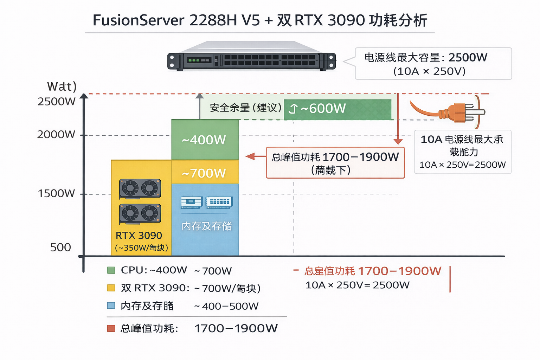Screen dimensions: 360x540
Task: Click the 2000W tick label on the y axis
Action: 56,134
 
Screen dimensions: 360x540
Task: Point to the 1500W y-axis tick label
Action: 56,193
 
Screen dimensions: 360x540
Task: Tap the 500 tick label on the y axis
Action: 60,247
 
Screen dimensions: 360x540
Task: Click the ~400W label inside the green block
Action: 204,140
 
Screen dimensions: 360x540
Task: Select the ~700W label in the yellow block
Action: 204,173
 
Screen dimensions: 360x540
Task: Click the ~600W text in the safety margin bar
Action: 323,108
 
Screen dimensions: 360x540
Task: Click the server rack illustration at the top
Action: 251,58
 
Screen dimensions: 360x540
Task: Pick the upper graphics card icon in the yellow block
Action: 140,189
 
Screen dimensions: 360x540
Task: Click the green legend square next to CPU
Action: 111,270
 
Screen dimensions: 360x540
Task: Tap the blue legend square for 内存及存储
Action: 111,306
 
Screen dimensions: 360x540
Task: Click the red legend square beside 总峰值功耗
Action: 111,328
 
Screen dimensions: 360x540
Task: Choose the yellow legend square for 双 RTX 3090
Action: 111,288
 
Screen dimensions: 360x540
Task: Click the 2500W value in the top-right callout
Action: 468,57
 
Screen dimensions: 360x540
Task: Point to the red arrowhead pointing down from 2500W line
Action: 398,141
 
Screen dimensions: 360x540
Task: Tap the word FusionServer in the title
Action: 138,20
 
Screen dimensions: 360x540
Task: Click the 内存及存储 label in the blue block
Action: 207,226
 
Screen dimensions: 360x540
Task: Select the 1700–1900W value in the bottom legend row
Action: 236,328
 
